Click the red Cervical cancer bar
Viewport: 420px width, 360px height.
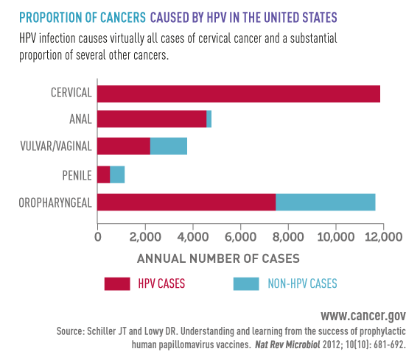(238, 93)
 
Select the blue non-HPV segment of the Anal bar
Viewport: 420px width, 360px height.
(209, 119)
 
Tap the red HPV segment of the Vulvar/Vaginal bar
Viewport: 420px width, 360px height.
(123, 146)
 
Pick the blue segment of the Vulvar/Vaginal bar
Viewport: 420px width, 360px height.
(169, 146)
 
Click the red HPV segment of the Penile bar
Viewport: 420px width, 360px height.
(103, 174)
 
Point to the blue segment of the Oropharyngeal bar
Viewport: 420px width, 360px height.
(325, 201)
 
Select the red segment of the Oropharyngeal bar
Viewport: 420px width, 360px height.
(186, 201)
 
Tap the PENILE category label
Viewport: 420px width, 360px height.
(76, 174)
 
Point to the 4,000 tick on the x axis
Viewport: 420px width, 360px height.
(193, 236)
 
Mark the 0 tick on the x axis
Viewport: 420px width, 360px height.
(98, 236)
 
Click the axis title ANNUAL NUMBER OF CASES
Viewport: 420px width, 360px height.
(218, 258)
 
